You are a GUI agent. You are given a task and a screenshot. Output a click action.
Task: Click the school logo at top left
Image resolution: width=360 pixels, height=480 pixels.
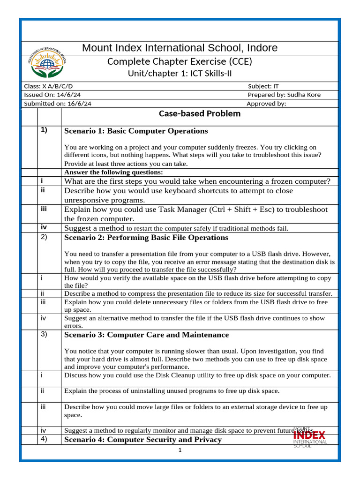[47, 62]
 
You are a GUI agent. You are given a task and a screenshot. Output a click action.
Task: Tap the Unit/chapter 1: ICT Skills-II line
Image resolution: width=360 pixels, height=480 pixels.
[180, 74]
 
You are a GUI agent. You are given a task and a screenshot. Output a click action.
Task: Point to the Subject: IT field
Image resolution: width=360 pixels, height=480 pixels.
[266, 86]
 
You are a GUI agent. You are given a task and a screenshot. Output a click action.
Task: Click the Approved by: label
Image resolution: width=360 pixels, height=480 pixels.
[266, 104]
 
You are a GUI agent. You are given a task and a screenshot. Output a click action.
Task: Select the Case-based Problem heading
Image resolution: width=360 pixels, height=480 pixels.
[193, 113]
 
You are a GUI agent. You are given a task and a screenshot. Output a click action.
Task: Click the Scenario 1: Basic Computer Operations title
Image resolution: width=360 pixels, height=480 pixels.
[135, 131]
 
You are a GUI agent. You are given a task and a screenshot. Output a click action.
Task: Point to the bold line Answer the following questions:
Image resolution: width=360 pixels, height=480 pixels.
[113, 172]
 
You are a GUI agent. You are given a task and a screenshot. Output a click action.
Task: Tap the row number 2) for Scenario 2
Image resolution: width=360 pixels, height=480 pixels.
[44, 237]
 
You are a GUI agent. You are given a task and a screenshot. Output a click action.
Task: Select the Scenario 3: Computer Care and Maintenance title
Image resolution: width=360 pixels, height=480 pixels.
[146, 335]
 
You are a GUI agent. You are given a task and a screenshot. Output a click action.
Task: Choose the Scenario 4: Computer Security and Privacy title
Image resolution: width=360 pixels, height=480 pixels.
[142, 440]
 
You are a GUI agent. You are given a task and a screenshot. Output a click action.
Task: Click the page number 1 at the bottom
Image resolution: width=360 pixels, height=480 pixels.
[180, 450]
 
